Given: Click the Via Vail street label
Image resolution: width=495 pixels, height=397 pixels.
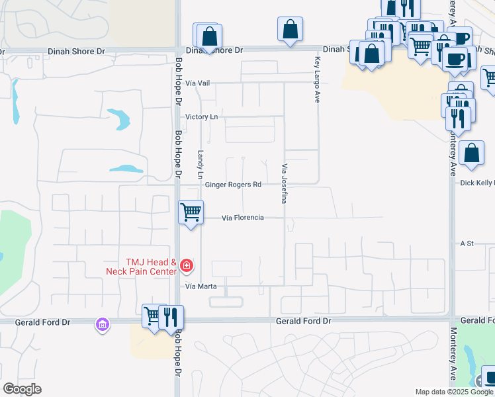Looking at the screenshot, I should [x=198, y=83].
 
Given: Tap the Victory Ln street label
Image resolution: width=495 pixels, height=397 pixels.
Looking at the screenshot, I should [x=201, y=117].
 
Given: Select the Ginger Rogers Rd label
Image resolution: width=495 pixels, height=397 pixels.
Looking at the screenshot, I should [x=234, y=185].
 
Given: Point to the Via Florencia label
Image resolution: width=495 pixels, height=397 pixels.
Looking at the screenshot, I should [x=243, y=218].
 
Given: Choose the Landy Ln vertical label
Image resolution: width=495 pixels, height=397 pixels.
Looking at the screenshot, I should [x=200, y=163].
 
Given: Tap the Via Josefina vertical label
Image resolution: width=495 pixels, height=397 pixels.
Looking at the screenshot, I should [x=285, y=183].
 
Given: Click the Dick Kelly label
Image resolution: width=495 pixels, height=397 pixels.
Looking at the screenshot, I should [x=476, y=183].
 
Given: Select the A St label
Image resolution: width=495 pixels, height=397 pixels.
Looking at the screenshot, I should [x=467, y=243].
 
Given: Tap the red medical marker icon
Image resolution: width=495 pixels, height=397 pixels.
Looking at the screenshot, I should [x=187, y=267].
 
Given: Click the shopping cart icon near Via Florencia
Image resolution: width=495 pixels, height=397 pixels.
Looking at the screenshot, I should [x=191, y=212].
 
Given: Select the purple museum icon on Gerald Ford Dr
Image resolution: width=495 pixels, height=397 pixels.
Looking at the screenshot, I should [x=103, y=324].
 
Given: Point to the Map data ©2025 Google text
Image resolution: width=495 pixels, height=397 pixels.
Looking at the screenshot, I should [x=453, y=392].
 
